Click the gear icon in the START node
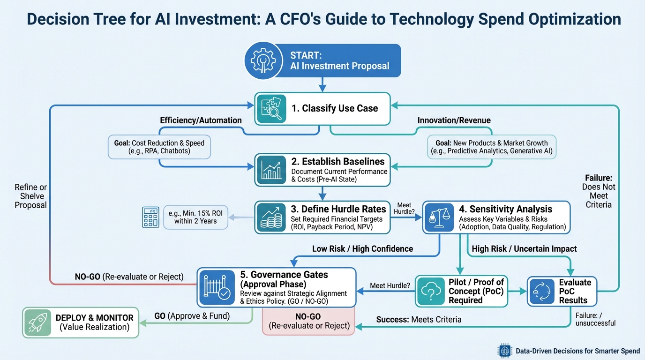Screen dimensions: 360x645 (x=259, y=60)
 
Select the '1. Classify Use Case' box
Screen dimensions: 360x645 (x=322, y=109)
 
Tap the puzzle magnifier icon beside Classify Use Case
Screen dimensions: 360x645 (x=270, y=109)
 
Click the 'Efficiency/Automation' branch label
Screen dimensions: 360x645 (x=201, y=120)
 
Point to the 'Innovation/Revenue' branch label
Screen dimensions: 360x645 (x=454, y=120)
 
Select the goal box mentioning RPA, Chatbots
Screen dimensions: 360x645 (x=159, y=147)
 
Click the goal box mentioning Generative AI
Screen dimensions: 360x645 (x=491, y=147)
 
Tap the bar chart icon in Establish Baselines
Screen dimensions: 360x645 (x=270, y=170)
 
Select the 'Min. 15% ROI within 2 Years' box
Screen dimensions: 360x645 (x=195, y=217)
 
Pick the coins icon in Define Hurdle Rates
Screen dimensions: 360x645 (x=270, y=217)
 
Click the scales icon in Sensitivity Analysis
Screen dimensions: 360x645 (x=439, y=217)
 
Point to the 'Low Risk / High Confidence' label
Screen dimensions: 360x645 (x=362, y=249)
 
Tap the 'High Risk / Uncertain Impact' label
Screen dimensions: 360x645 (x=524, y=249)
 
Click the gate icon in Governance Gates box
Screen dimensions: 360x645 (x=214, y=287)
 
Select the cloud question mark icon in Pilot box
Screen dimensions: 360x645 (x=430, y=291)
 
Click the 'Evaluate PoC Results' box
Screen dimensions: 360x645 (x=562, y=291)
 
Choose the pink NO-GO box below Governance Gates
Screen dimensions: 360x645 (x=309, y=321)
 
